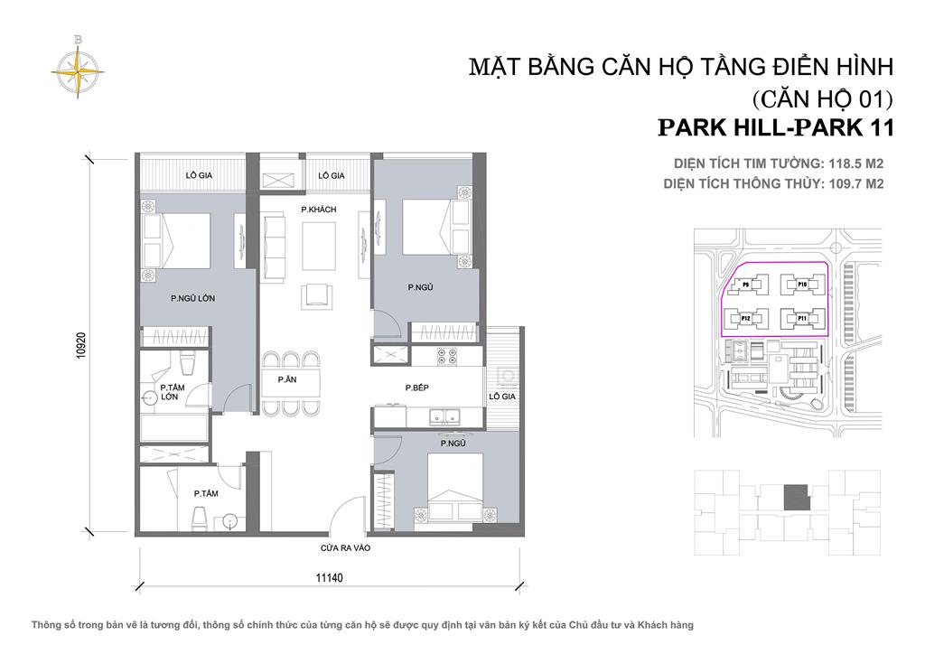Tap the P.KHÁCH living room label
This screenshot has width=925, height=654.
click(x=318, y=210)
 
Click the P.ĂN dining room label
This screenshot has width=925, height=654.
click(x=287, y=380)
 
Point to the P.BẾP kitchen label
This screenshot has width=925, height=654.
click(x=416, y=388)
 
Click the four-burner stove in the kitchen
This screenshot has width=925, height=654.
click(x=449, y=357)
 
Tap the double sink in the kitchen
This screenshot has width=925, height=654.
click(x=443, y=417)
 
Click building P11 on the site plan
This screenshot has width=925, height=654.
click(x=800, y=318)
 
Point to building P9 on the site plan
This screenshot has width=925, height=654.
click(x=746, y=284)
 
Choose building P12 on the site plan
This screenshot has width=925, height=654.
click(x=746, y=318)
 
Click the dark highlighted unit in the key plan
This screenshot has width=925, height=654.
click(x=795, y=497)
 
